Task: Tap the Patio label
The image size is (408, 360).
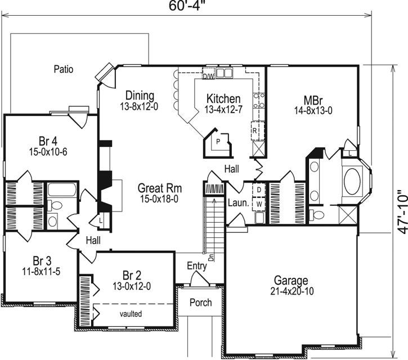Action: (x=64, y=70)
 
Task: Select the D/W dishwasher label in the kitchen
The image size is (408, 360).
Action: (x=208, y=75)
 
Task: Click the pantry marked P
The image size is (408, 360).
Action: (x=217, y=143)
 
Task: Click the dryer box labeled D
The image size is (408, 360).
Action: (x=258, y=190)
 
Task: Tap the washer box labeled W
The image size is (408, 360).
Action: (x=258, y=204)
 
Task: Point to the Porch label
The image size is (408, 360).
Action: (x=200, y=303)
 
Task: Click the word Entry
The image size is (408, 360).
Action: (x=196, y=267)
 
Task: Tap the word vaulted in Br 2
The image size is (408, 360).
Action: (x=130, y=313)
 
